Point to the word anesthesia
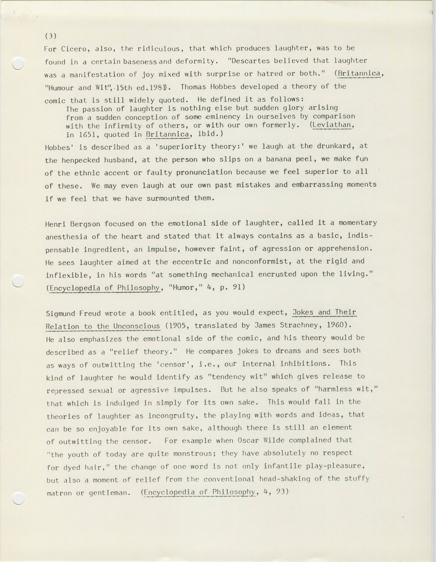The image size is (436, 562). coord(66,237)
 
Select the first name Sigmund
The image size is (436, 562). coord(61,313)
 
